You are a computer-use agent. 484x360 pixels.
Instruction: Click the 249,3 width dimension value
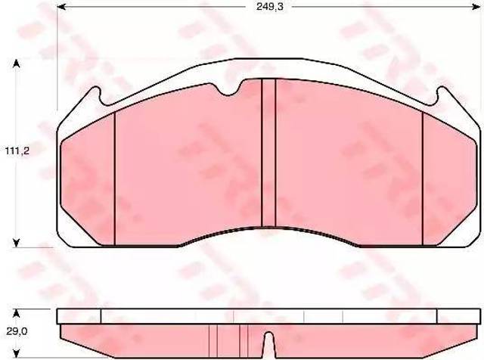269,7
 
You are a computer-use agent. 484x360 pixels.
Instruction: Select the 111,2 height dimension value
17,151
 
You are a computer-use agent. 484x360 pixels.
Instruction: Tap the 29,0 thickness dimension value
17,331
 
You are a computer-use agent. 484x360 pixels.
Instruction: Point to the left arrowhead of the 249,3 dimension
62,7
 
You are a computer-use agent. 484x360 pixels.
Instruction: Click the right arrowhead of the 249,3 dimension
476,7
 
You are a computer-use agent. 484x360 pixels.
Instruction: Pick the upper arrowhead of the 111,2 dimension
17,64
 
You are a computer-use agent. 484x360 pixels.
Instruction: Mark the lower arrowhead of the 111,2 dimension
17,243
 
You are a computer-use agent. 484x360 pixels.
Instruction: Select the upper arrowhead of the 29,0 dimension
17,314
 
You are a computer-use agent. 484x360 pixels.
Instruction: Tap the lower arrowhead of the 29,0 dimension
17,352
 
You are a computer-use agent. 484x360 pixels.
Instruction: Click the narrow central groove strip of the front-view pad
268,153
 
